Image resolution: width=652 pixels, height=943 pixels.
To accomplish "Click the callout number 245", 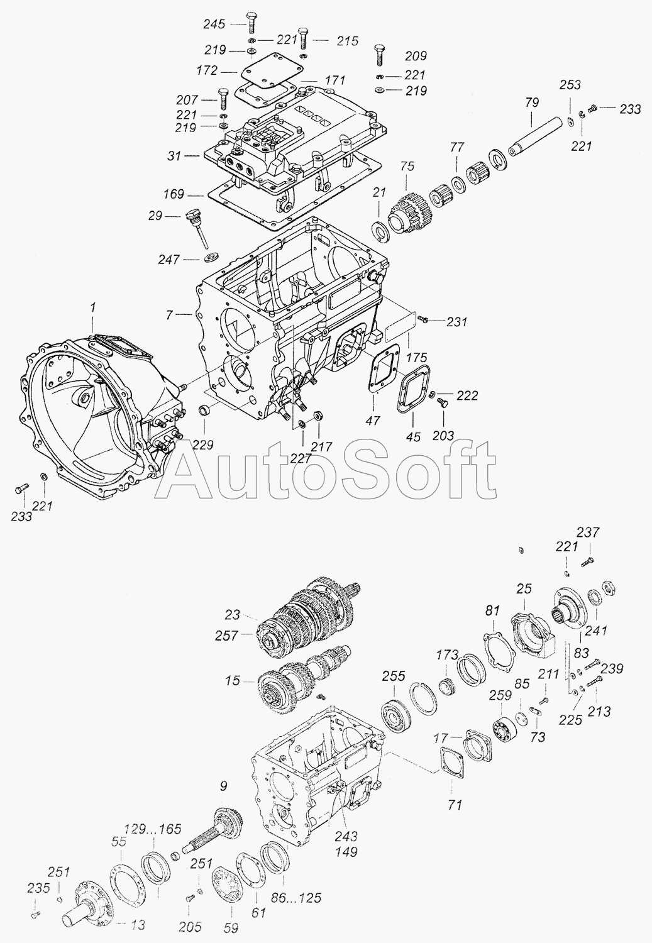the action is point(214,24).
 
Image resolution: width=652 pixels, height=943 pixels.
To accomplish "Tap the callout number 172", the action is point(207,70).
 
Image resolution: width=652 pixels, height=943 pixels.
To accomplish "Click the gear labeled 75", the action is point(406,212).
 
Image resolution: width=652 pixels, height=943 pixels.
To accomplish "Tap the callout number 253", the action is point(570,85).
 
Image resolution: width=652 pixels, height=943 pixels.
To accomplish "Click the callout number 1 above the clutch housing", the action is point(94,308).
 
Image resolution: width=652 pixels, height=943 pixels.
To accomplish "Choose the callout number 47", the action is point(373,420).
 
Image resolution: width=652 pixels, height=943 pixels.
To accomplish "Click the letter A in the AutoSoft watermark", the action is point(197,472).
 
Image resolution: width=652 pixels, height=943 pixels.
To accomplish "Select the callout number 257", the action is point(226,636).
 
